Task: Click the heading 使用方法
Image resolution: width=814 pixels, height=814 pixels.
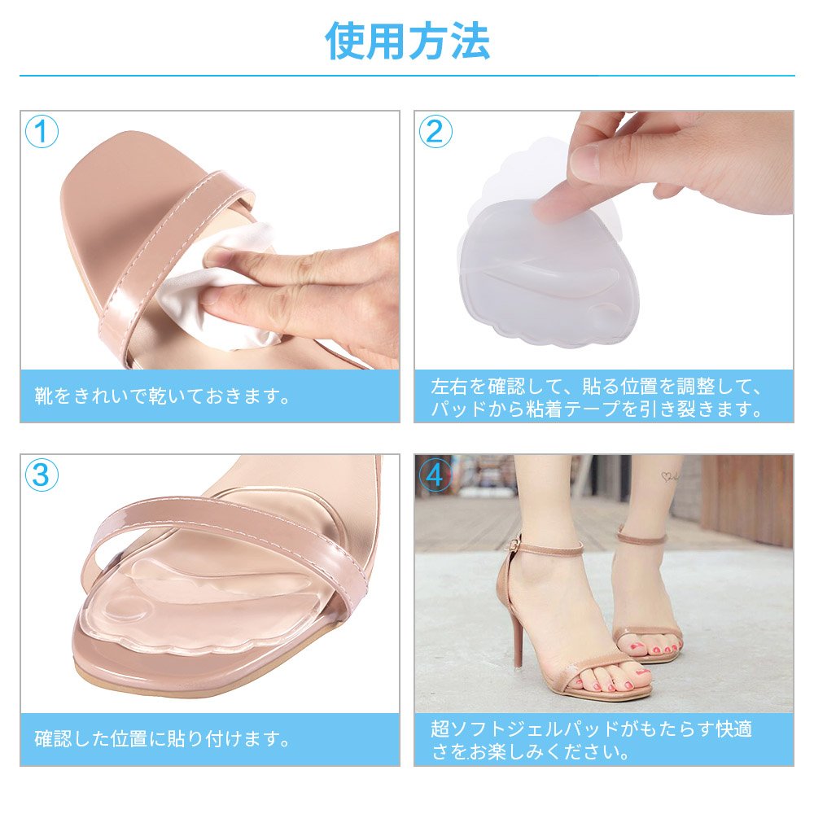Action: pyautogui.click(x=407, y=41)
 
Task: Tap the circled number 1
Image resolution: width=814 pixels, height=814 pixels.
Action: pyautogui.click(x=42, y=131)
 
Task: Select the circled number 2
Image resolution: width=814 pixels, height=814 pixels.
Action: pyautogui.click(x=435, y=131)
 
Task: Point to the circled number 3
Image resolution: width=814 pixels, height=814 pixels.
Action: pyautogui.click(x=42, y=475)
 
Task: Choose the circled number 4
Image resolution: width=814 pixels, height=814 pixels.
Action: pyautogui.click(x=435, y=475)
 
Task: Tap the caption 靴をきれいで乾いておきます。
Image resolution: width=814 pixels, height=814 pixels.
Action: pyautogui.click(x=163, y=396)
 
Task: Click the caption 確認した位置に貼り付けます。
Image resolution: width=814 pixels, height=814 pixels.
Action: pyautogui.click(x=163, y=739)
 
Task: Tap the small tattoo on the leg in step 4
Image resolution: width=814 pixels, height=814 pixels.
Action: pyautogui.click(x=670, y=476)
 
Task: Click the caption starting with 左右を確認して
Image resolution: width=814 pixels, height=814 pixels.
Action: pyautogui.click(x=597, y=398)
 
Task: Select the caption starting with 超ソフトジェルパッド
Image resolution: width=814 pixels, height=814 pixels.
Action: pyautogui.click(x=591, y=740)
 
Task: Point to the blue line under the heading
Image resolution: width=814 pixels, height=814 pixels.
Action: pyautogui.click(x=407, y=76)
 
